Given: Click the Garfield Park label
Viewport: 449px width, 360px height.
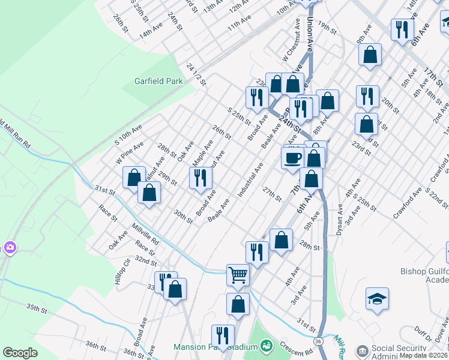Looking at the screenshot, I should (158, 80).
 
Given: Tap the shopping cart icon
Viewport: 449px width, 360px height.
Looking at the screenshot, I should (238, 275).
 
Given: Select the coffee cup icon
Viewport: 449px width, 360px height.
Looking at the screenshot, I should (293, 158).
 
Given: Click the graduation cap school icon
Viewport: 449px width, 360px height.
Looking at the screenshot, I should (377, 299).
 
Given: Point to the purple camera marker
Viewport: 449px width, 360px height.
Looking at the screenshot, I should (10, 247).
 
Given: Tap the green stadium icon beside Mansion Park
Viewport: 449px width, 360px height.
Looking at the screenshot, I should (266, 346).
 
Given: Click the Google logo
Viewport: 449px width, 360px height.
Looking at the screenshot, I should (20, 353).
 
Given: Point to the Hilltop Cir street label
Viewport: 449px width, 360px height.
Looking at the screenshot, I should (122, 272).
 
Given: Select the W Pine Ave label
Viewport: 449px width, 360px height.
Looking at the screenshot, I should (130, 153).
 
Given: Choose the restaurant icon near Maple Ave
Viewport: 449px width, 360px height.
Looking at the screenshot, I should (200, 178).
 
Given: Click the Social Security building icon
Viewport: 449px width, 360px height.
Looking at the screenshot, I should (362, 350).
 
